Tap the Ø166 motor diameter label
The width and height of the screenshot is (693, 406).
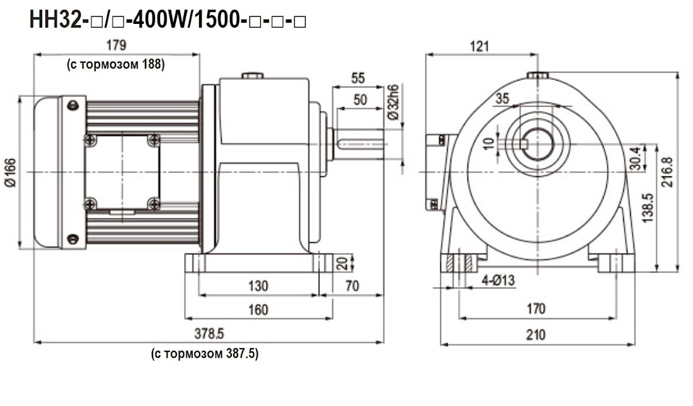12,171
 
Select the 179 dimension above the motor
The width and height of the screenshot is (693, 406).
117,45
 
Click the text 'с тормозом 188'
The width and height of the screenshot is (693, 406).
116,64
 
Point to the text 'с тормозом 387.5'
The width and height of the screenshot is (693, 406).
205,354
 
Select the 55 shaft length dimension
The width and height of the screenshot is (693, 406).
358,78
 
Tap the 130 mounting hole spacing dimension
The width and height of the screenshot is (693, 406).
258,286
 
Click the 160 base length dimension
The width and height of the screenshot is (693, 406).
258,309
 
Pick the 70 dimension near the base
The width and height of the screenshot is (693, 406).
352,286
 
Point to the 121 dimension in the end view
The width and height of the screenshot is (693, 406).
479,45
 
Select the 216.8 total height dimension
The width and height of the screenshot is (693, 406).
668,172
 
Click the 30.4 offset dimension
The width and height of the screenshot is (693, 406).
634,158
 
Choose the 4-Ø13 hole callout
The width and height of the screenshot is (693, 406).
498,281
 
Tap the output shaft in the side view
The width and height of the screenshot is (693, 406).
359,144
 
